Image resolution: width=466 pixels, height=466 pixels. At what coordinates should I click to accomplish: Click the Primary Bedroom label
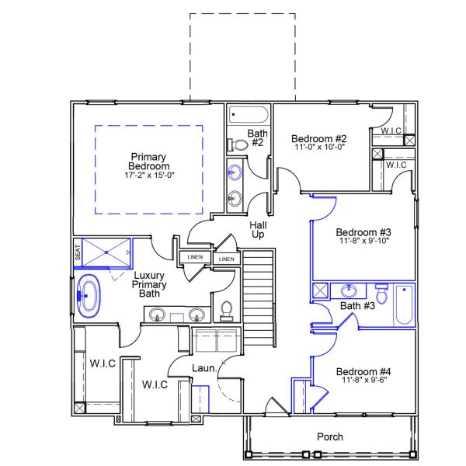coord(149,162)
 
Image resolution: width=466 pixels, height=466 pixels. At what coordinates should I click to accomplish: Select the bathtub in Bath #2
coord(249,116)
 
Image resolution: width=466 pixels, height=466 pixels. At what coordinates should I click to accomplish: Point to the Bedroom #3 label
coord(363,231)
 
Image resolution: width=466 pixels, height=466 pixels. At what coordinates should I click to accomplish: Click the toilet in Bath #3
coord(381,295)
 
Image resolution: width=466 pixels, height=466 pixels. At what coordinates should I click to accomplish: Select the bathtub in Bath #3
coord(405,305)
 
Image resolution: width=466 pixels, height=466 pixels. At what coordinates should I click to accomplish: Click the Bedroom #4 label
coord(363,371)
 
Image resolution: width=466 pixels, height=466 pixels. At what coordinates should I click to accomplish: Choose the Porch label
coord(330,436)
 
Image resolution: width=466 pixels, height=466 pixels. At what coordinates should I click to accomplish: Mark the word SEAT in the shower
coord(78,252)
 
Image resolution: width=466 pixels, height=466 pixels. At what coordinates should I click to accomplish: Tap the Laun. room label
coord(203,367)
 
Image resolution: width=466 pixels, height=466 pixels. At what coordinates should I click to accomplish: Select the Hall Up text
coord(258,229)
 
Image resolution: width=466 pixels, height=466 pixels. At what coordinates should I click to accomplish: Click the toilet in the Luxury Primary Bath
coord(226,311)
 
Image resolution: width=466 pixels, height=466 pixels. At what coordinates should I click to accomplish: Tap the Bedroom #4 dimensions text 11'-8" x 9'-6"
coord(363,381)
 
